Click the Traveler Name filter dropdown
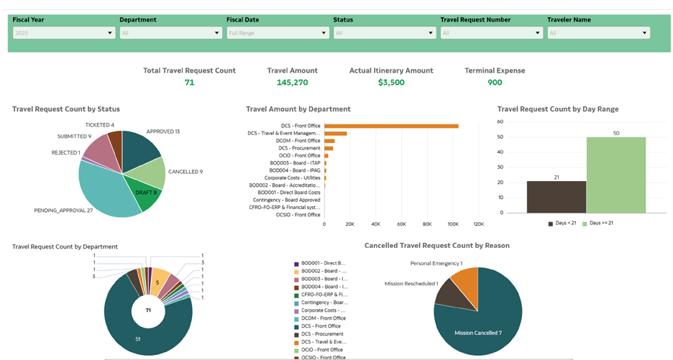pos(598,33)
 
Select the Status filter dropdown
pos(385,33)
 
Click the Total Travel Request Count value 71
pos(189,83)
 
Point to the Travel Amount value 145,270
pos(292,83)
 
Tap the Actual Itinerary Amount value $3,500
pos(391,83)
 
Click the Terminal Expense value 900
pos(495,83)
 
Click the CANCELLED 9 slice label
pos(186,172)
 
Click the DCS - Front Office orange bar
pos(391,126)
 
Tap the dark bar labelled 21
pos(557,197)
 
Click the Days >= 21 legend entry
pos(597,223)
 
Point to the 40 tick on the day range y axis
pos(500,152)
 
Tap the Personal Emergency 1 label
pos(436,264)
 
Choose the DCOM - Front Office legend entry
pos(323,318)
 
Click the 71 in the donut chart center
pos(148,310)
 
